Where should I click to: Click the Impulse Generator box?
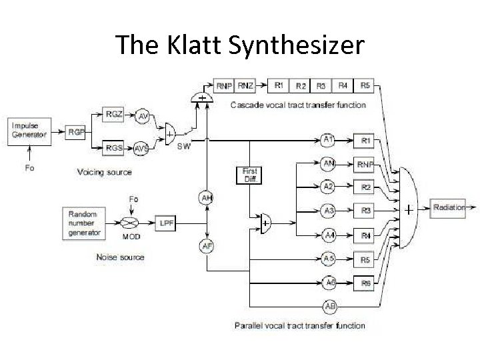[x=29, y=130]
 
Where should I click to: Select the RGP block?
[x=75, y=132]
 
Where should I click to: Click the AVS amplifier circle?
[x=141, y=148]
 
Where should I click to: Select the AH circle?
[x=206, y=197]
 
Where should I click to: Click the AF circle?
[x=207, y=246]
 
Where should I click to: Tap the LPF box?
[x=166, y=223]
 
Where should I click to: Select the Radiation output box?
[x=449, y=208]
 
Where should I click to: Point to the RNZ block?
[x=245, y=85]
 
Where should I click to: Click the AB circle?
[x=329, y=306]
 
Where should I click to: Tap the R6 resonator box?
[x=365, y=283]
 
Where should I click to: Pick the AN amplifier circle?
[x=328, y=163]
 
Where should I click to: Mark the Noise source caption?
[x=121, y=257]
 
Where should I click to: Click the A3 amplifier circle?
[x=328, y=211]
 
